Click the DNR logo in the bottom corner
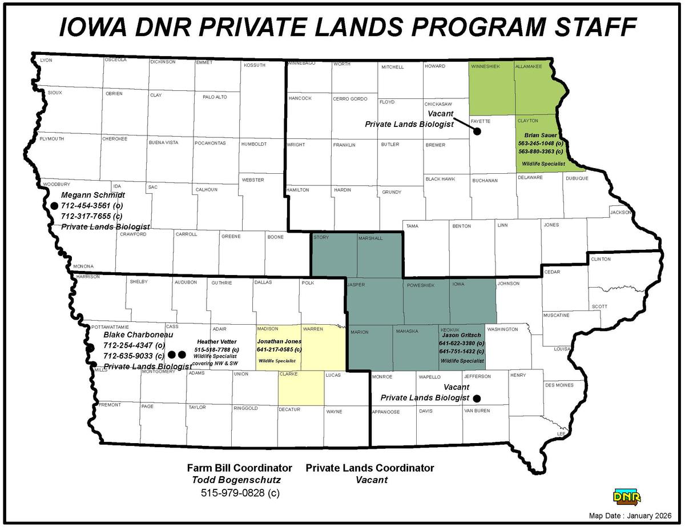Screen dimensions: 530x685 [627, 496]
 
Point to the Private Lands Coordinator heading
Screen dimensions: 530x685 [370, 468]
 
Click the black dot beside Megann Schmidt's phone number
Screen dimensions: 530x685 [54, 205]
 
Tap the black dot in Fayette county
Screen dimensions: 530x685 [477, 131]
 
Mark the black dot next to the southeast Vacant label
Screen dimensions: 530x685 [477, 398]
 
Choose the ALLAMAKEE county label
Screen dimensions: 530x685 [528, 67]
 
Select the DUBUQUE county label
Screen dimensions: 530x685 [577, 178]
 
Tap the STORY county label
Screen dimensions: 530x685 [321, 237]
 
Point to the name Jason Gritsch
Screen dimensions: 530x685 [461, 334]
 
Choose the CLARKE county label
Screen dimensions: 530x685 [288, 374]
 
